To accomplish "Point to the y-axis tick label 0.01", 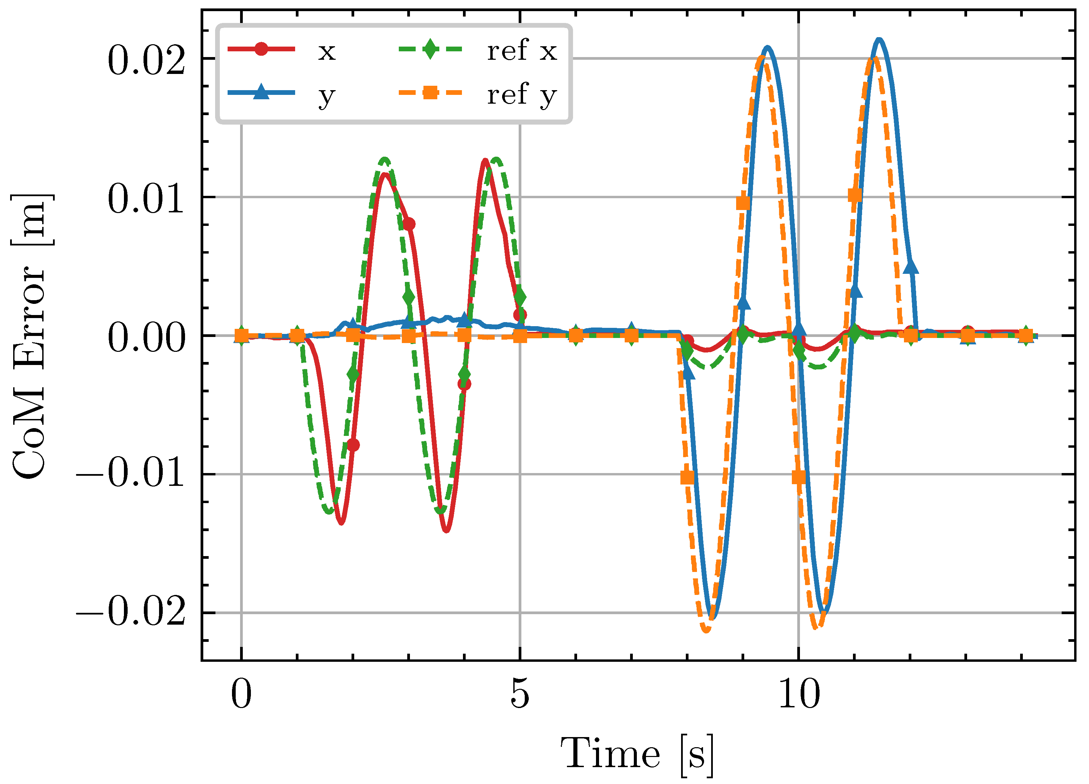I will [x=146, y=199].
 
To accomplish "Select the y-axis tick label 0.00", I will [x=146, y=338].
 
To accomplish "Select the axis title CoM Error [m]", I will [x=30, y=336].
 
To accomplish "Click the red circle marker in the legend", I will [x=261, y=49].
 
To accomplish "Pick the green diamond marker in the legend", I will [x=431, y=49].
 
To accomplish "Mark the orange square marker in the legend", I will [x=431, y=92].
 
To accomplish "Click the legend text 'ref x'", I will [x=522, y=50].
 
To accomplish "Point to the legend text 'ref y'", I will [x=522, y=95].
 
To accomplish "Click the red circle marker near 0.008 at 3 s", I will [x=409, y=224].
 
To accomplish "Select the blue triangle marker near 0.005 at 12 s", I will [x=911, y=266].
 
